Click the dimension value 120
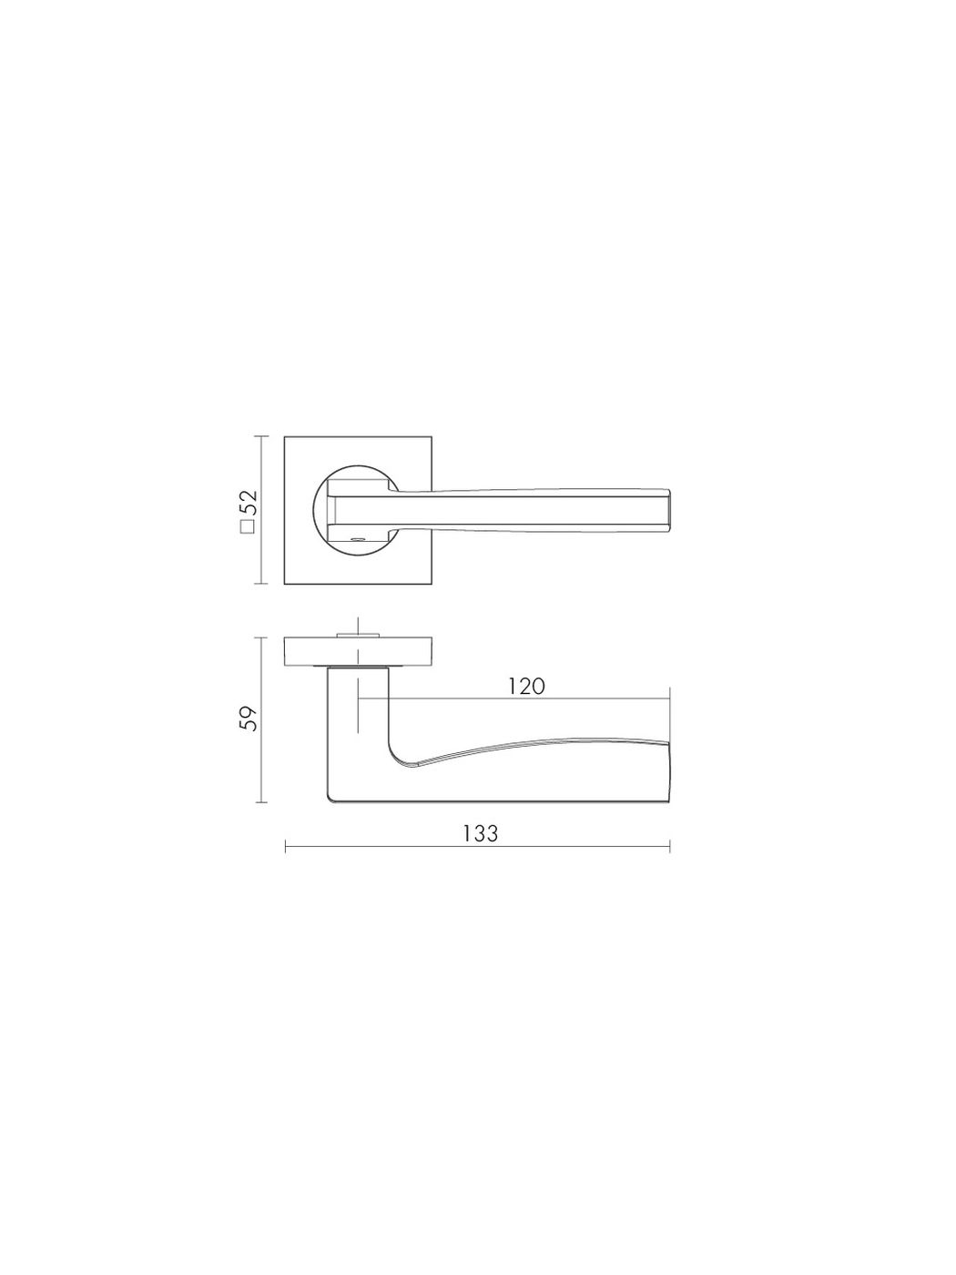click(x=527, y=687)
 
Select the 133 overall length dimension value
click(x=480, y=833)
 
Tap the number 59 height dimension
click(x=248, y=719)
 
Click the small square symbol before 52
click(x=248, y=526)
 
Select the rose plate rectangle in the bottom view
click(x=358, y=650)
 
